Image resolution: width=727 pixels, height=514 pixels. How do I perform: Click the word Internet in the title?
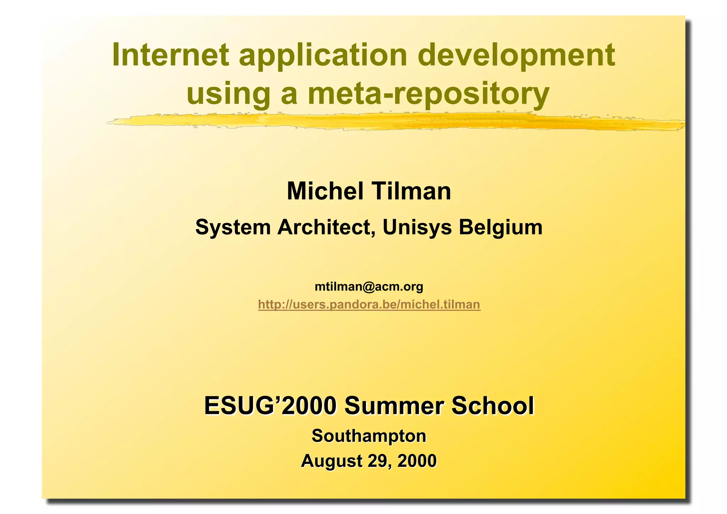pos(170,55)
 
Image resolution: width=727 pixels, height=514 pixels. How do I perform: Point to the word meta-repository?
pos(428,94)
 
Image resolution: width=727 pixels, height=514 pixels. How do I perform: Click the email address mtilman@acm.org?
pos(369,286)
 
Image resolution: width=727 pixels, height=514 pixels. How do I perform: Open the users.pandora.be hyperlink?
pos(369,305)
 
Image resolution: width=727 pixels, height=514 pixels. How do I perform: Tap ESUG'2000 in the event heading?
pos(270,406)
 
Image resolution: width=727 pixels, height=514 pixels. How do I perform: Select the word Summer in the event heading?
pos(394,406)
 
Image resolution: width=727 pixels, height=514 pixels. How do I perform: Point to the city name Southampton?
pos(369,436)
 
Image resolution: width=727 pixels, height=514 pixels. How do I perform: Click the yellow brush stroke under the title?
pos(390,122)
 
